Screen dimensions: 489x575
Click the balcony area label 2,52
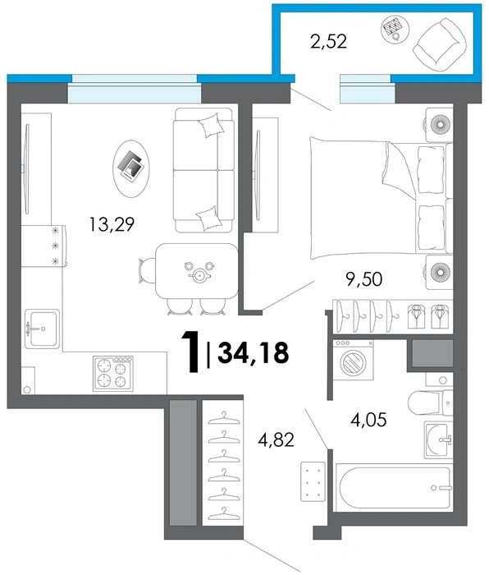tap(328, 41)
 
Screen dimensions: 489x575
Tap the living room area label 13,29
tap(112, 224)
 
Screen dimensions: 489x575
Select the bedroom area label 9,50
tap(364, 279)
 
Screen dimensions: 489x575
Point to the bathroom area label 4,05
tap(368, 420)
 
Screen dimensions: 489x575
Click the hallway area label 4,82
tap(276, 439)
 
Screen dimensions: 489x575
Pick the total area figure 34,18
tap(254, 353)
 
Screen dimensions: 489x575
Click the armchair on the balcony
tap(440, 44)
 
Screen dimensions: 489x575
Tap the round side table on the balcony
tap(395, 30)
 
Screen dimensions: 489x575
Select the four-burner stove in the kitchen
tap(113, 374)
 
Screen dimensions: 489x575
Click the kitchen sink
tap(42, 329)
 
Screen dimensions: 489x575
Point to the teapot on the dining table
tap(199, 274)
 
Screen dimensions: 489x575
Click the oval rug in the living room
tap(131, 168)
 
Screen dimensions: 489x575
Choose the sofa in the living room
tap(203, 170)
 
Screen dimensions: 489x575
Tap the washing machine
tap(353, 360)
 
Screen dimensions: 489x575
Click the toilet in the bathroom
tap(431, 403)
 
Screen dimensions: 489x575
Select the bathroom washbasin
tap(439, 439)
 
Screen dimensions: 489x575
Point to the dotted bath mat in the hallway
tap(313, 481)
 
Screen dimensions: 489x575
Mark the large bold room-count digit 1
tap(191, 352)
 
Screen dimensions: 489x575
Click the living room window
tap(135, 89)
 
